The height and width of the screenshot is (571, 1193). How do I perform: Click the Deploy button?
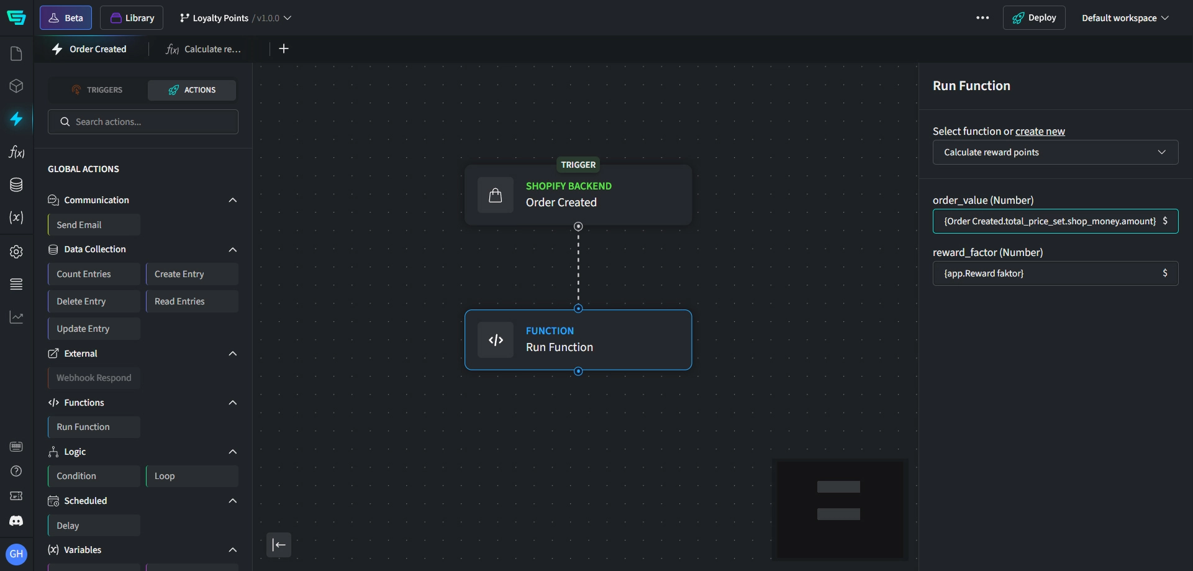tap(1033, 18)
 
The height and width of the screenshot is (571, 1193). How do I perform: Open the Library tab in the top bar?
tap(132, 18)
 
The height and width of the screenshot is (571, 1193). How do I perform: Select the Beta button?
tap(66, 18)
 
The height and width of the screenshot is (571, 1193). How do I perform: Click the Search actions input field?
tap(149, 122)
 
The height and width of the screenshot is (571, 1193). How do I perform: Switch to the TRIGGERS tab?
tap(98, 90)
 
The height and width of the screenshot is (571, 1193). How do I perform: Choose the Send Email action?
tap(94, 225)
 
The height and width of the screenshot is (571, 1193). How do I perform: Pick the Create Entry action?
tap(192, 274)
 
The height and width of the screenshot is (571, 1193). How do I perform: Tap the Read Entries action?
tap(192, 301)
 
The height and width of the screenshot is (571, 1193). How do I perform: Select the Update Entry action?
tap(94, 329)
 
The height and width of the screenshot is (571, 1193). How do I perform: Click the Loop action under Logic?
tap(192, 476)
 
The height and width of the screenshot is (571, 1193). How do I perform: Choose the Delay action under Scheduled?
tap(94, 526)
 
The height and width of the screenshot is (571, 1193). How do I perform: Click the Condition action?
tap(94, 476)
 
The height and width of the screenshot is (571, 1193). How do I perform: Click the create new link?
tap(1040, 131)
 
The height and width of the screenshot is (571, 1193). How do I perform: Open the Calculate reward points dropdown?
tap(1055, 152)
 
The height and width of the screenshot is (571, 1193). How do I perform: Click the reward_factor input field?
tap(1050, 273)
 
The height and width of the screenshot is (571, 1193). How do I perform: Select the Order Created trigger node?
tap(578, 194)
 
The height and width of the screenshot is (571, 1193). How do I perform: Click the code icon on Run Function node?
tap(496, 340)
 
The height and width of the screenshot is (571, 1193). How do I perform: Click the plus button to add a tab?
tap(284, 48)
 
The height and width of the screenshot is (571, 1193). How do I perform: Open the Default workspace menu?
tap(1125, 18)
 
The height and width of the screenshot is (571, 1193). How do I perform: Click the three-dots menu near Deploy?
tap(982, 18)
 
